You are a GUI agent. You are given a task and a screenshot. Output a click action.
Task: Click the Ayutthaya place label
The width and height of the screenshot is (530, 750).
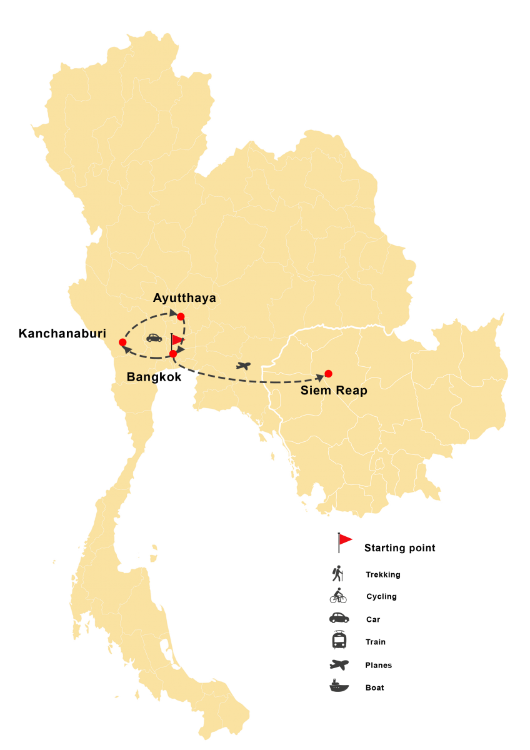[x=184, y=298]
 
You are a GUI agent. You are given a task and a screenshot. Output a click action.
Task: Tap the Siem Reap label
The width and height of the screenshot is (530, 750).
[x=334, y=391]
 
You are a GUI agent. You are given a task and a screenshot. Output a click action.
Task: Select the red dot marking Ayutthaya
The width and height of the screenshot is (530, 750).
[x=181, y=316]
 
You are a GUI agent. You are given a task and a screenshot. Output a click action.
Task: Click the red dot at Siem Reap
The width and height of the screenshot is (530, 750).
[x=328, y=374]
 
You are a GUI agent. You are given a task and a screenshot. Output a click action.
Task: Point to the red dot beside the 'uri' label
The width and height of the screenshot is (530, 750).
[x=122, y=342]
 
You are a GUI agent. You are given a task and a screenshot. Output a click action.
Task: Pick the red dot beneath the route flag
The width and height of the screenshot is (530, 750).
[x=173, y=354]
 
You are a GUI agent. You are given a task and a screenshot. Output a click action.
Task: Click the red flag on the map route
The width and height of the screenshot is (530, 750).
[x=177, y=340]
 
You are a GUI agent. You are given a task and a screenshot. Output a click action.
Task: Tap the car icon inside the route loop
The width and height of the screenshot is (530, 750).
[x=154, y=337]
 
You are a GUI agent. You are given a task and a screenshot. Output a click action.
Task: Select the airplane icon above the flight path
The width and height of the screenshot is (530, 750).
[x=243, y=365]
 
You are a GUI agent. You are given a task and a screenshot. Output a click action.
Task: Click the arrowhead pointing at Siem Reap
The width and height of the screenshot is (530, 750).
[x=321, y=377]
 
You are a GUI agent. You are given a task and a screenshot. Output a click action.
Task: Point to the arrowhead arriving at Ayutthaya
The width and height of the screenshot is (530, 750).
[x=174, y=311]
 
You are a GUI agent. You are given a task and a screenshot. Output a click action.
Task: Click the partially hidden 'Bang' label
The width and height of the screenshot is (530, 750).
[x=141, y=377]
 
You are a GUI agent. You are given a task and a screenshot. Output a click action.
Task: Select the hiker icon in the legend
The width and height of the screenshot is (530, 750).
[x=339, y=574]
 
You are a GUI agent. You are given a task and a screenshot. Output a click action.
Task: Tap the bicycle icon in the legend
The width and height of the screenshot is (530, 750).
[x=338, y=596]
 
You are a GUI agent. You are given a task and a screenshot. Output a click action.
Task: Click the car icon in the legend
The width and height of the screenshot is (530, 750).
[x=339, y=618]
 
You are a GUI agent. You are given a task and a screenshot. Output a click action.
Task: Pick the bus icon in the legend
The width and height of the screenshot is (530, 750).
[x=339, y=641]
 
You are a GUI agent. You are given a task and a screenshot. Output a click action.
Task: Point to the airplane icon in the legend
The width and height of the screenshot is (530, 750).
[x=339, y=664]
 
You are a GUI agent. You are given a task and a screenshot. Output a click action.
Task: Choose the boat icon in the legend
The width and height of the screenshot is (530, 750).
[x=339, y=685]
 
